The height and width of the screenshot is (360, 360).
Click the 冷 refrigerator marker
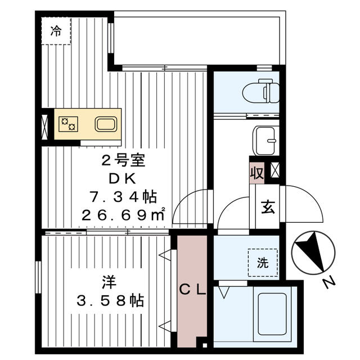56,31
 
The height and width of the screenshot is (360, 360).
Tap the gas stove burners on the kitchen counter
69,124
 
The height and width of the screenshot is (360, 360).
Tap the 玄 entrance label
267,206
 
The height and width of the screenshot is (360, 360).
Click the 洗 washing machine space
263,263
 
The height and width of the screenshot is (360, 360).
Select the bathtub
273,317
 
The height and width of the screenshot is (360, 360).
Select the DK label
124,179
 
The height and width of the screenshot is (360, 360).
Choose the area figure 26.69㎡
124,214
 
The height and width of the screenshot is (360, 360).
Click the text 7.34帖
123,197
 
